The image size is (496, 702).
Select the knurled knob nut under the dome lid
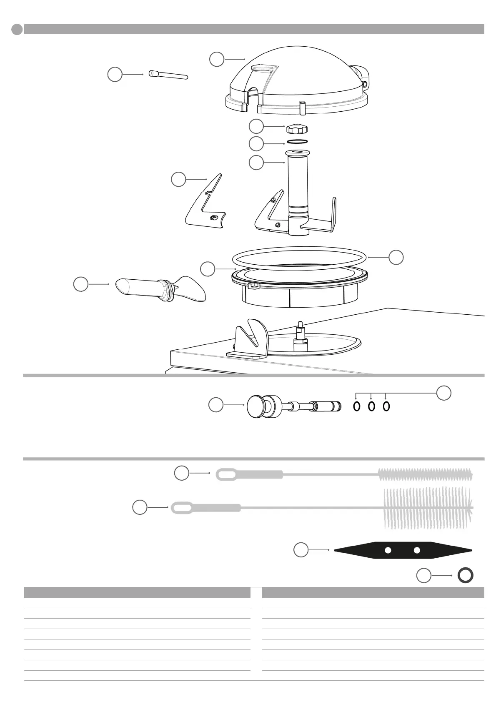tap(294, 128)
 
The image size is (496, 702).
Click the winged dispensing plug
tap(160, 289)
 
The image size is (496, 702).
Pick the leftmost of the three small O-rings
tap(357, 406)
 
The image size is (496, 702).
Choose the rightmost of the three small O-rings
tap(386, 406)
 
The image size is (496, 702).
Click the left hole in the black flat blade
tap(388, 550)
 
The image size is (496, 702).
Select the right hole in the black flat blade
tap(416, 550)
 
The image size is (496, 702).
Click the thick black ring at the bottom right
tap(465, 576)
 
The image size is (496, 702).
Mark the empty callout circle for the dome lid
tap(217, 59)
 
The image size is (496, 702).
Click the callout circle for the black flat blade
tap(301, 550)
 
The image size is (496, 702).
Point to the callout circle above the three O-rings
tap(444, 393)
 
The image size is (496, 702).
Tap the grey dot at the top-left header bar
tap(17, 29)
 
